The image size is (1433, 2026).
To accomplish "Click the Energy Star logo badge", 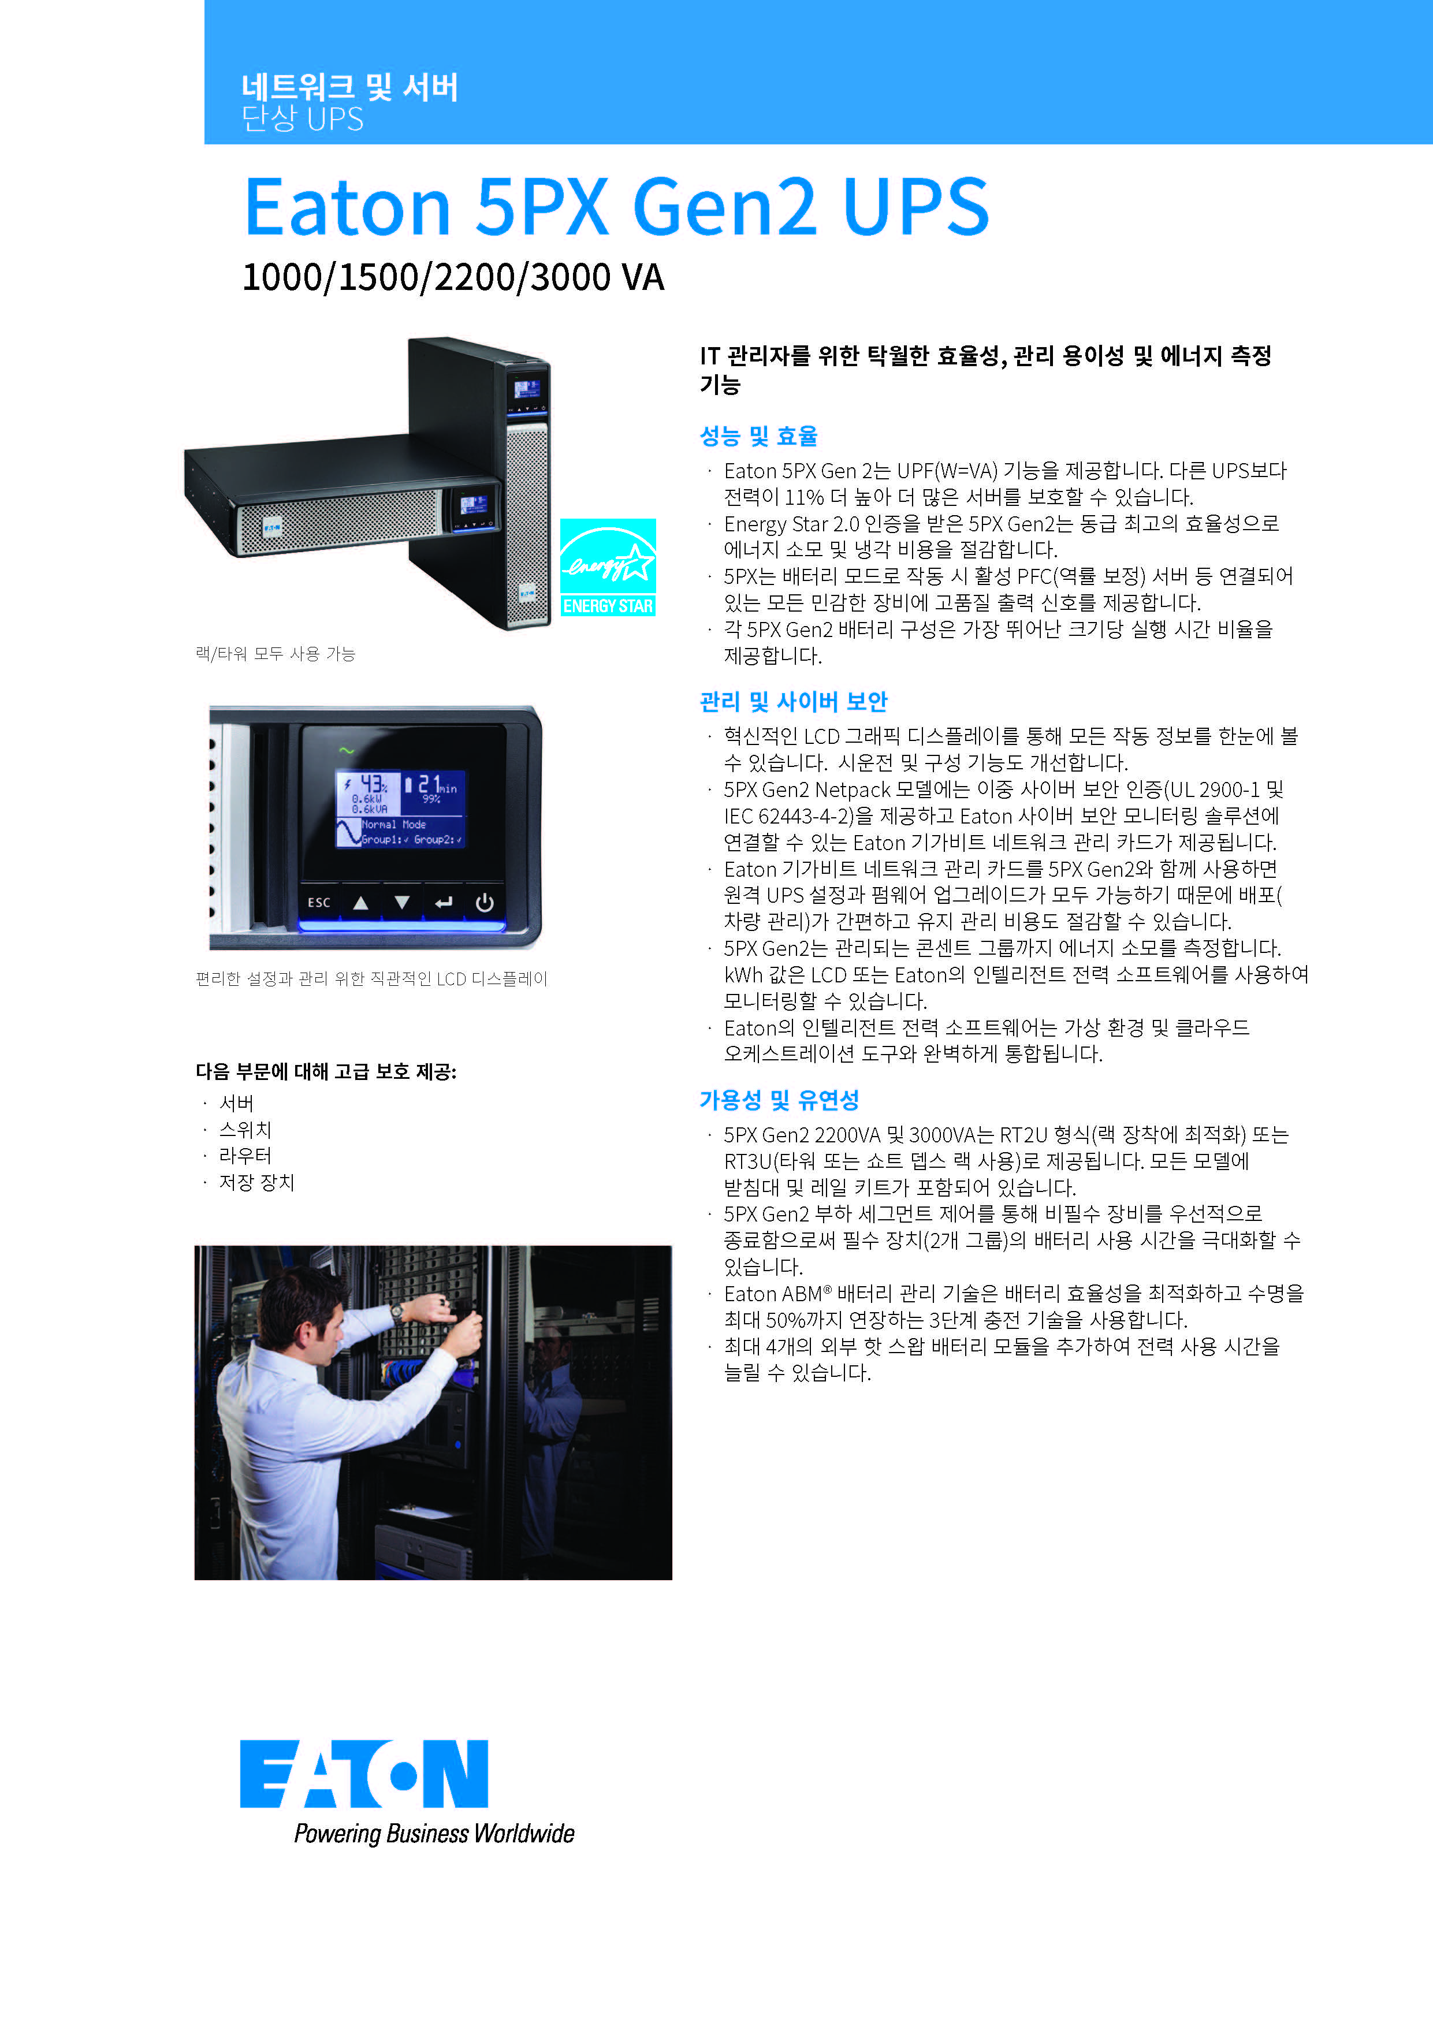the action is pos(608,567).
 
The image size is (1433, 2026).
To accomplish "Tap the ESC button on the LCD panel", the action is pos(319,902).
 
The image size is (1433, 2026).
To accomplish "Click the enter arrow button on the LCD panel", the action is pos(443,902).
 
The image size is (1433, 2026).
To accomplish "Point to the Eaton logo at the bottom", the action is pos(363,1773).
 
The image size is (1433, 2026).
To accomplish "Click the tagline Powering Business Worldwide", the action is pos(434,1834).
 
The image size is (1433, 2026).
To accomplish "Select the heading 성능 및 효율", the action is pos(758,436).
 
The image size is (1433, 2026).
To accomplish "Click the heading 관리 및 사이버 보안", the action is pos(793,702).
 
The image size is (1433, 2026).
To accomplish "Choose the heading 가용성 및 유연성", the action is pos(779,1100).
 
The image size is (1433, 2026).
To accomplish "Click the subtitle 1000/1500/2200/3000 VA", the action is pos(453,277).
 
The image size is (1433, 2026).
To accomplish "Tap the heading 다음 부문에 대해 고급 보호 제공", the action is pos(326,1071).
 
